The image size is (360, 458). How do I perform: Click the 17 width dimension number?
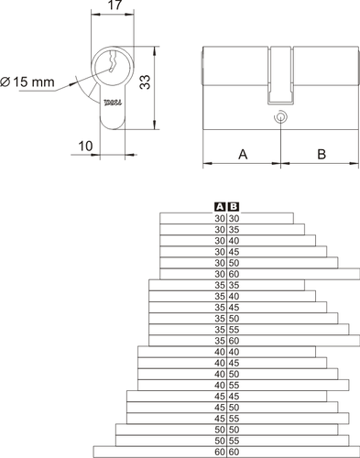point(115,5)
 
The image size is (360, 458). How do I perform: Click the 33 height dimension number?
point(145,82)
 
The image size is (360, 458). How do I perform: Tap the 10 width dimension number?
point(85,147)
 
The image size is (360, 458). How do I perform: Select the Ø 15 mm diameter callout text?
point(27,82)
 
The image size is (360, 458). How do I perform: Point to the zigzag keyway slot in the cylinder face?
point(112,62)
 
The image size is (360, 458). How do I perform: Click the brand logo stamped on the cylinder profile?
point(113,103)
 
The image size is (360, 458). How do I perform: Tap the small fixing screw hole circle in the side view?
point(280,117)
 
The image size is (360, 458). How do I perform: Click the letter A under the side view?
point(243,154)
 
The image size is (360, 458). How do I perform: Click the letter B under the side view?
point(322,154)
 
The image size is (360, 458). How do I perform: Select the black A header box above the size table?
point(220,207)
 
